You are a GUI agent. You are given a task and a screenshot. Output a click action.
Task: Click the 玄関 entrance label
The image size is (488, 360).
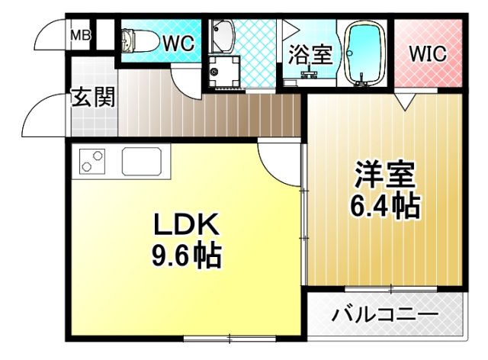point(93,98)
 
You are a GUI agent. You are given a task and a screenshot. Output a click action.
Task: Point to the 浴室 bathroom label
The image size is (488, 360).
point(310,54)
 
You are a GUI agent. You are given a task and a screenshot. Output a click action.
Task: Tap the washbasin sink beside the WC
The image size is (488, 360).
point(225,35)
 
